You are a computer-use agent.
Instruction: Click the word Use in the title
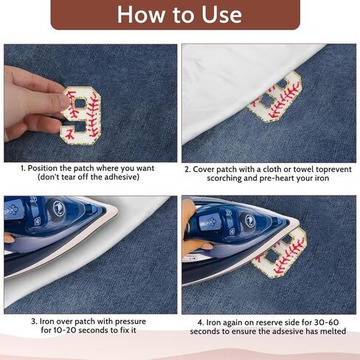pos(222,15)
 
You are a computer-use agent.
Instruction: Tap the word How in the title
pos(141,15)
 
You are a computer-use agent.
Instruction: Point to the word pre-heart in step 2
pos(277,178)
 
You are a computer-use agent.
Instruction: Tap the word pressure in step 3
pos(131,322)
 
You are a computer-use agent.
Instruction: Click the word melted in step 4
pos(333,331)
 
